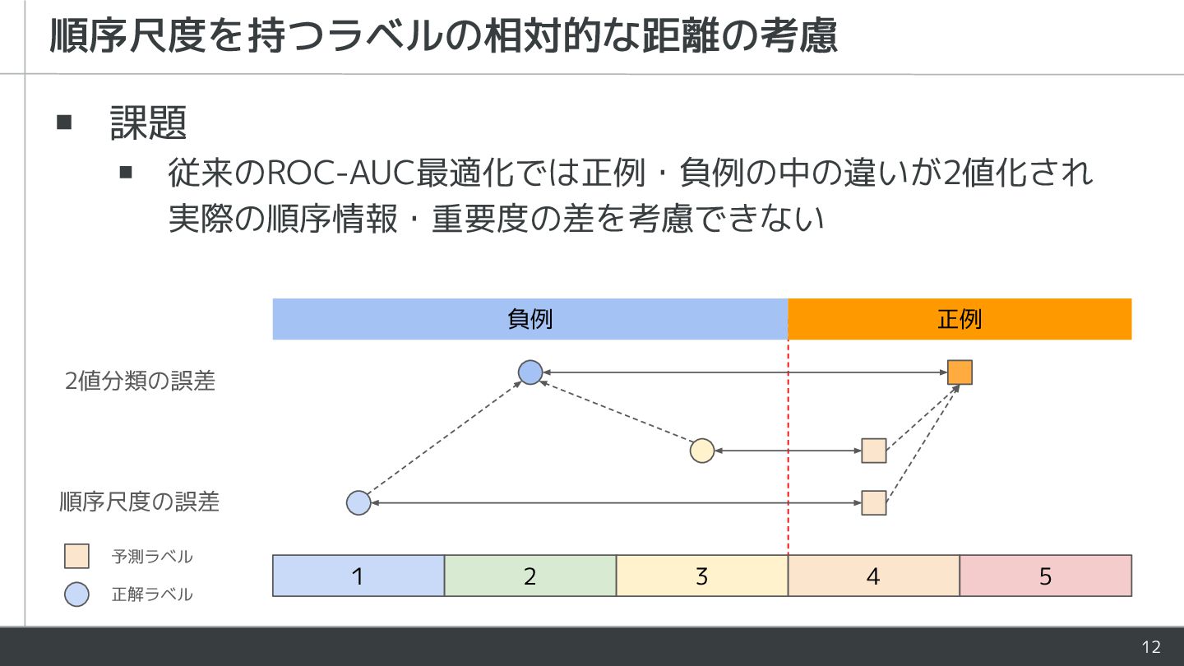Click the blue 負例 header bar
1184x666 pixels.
[x=530, y=319]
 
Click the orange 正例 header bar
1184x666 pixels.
[x=960, y=319]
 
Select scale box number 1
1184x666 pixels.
[x=358, y=576]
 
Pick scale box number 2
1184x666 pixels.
[x=530, y=576]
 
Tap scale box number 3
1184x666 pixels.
[x=701, y=576]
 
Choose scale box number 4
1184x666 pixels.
[x=873, y=576]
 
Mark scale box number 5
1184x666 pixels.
[x=1045, y=576]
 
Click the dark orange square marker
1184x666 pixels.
[x=960, y=372]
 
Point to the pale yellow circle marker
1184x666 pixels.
[x=701, y=451]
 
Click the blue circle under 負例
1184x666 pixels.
[x=530, y=372]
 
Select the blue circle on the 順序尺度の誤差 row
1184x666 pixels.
[x=358, y=502]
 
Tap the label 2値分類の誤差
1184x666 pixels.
[x=140, y=381]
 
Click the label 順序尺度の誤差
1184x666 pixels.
[x=140, y=502]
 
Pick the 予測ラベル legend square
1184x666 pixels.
[x=76, y=557]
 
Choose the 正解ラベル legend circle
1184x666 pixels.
[x=76, y=594]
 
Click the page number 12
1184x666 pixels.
[x=1151, y=646]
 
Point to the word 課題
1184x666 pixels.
[x=149, y=123]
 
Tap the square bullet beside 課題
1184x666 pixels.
[x=65, y=123]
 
